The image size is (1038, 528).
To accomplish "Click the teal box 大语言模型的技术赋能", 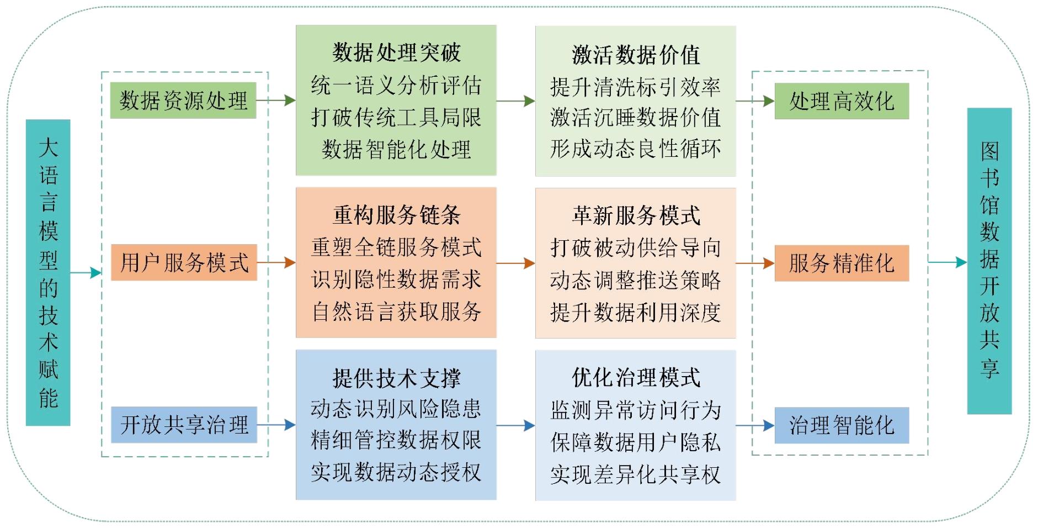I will pos(48,272).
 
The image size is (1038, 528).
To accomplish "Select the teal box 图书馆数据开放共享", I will pos(989,261).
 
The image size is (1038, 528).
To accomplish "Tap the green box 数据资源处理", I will pos(183,101).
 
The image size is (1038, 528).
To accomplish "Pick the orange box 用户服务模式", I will pos(184,262).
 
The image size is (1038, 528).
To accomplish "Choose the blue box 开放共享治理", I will pos(184,425).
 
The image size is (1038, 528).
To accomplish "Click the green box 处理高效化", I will pos(841,101).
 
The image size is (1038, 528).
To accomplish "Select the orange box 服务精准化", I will pos(841,263).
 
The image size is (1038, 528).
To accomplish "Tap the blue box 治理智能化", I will pos(841,425).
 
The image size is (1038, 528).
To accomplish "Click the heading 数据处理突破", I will pos(396,52).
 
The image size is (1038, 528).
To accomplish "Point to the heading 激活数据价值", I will pos(636,55).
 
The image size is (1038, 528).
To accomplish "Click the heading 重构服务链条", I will pos(396,215).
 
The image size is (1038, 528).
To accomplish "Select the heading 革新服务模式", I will pos(636,215).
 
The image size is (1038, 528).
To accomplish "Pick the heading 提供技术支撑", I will pos(396,378).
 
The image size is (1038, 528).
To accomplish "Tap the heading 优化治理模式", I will pos(636,378).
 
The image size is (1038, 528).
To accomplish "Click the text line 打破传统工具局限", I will pos(396,117).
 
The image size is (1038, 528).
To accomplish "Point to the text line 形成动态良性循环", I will pos(636,149).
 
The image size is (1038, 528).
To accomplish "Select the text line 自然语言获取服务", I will pos(396,311).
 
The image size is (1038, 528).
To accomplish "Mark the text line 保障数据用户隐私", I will pos(636,442).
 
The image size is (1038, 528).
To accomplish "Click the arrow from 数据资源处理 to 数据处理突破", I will pos(276,101).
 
